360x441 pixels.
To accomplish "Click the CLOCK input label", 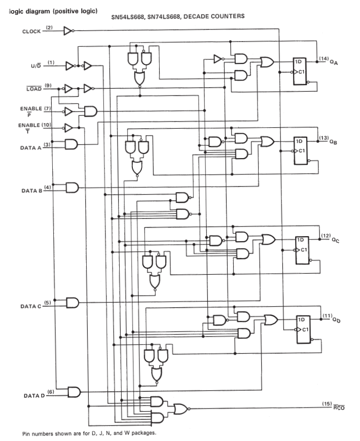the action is pos(31,31).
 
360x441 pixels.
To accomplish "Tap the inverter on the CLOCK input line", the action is pos(68,30).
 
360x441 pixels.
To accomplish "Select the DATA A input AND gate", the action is pos(71,144).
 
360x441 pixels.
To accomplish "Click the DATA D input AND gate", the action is pos(74,392).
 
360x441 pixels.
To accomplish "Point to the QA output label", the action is pos(334,62).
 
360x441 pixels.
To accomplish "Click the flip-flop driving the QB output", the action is pos(301,151).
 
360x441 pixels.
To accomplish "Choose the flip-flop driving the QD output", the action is pos(304,329).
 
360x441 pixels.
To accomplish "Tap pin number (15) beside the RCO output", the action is pos(327,403).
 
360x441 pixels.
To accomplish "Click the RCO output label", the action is pos(339,408).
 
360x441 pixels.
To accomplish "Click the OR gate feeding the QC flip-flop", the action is pos(269,239).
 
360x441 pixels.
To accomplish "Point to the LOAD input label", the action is pos(34,89).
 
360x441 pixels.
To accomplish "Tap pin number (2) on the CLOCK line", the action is pos(49,27).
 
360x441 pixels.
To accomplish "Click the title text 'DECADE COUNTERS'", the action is pos(214,16).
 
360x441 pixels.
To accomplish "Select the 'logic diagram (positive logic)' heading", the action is pos(53,11).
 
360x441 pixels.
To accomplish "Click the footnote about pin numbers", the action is pos(89,433).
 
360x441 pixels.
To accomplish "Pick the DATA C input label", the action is pos(30,306).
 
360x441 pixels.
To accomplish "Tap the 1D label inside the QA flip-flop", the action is pos(298,62).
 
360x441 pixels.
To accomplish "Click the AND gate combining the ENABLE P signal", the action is pos(91,112).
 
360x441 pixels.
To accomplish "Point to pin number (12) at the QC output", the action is pos(326,235).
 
